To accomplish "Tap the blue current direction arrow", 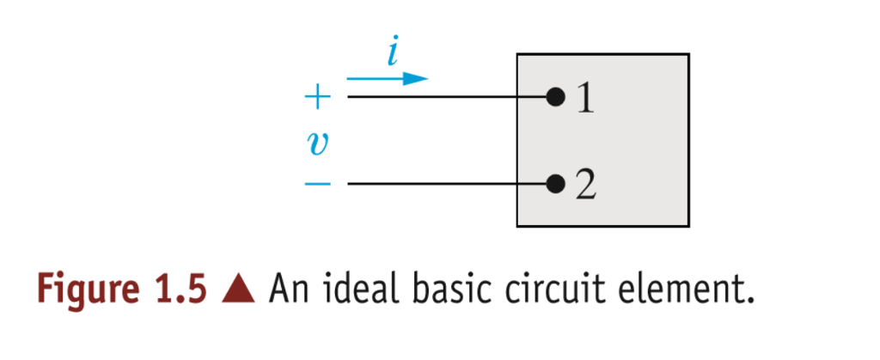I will (x=388, y=79).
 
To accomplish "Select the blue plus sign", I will (x=317, y=98).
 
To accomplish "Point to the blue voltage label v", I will (x=316, y=143).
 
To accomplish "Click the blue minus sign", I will (x=317, y=185).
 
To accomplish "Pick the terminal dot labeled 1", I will (x=555, y=97).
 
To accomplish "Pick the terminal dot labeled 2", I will (x=555, y=184).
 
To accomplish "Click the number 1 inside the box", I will (x=585, y=100).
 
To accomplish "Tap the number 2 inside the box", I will (x=585, y=186).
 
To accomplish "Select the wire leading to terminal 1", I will (x=447, y=97).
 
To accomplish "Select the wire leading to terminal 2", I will (x=447, y=184).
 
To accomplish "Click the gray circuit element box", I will (x=636, y=142).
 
